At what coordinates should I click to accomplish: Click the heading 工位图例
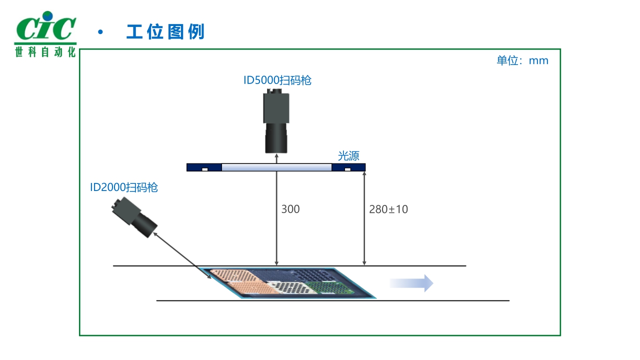165,32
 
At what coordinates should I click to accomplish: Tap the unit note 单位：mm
522,61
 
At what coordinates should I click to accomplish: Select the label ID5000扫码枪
277,80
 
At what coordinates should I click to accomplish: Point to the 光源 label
348,155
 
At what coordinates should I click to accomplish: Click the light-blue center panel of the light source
276,167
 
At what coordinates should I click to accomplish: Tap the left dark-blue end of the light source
204,167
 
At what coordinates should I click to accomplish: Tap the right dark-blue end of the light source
348,167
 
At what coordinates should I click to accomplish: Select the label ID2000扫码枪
124,187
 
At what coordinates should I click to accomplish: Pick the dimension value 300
290,209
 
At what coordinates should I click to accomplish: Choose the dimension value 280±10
388,209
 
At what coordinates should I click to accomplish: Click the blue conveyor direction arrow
411,283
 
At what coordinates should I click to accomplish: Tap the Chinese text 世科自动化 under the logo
45,52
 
